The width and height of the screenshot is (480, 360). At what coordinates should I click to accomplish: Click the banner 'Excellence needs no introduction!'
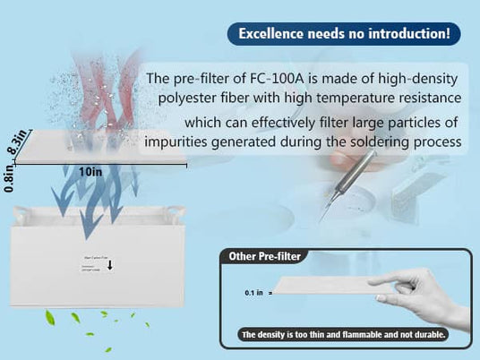(x=344, y=35)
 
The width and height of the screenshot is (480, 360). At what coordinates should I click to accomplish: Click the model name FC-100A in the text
(x=277, y=78)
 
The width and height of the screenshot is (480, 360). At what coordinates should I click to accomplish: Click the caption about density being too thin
(x=344, y=336)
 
